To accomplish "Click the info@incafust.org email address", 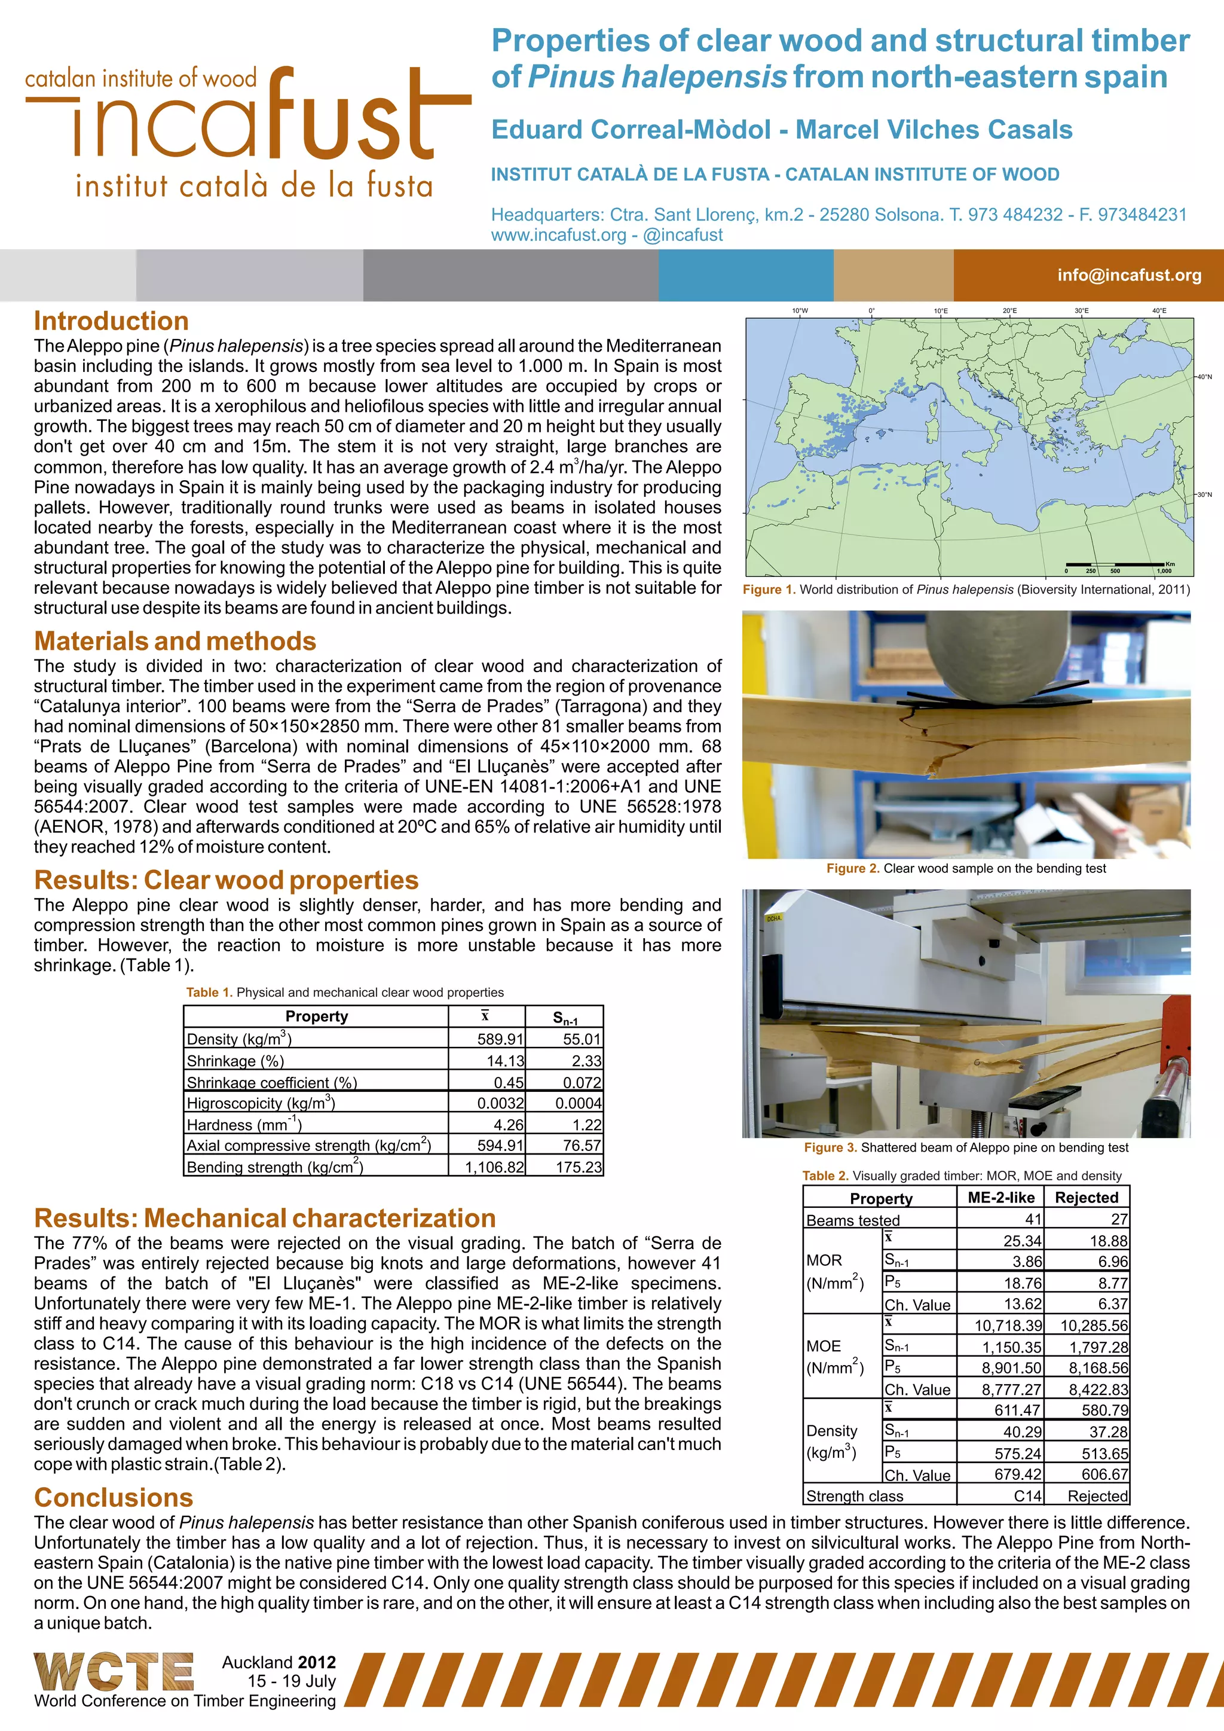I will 1128,275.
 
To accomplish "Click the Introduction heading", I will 111,320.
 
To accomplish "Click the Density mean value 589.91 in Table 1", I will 499,1039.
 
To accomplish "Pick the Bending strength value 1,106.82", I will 494,1167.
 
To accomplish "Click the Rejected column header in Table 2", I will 1085,1197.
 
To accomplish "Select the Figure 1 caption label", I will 769,590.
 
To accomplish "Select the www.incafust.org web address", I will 558,235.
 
